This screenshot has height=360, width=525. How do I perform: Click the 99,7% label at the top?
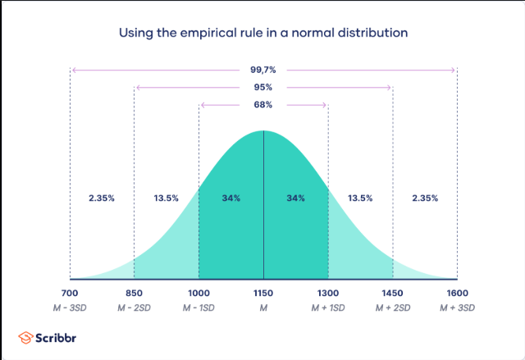pyautogui.click(x=262, y=70)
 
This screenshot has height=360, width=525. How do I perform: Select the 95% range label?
pyautogui.click(x=262, y=87)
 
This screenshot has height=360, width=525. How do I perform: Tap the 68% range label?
pyautogui.click(x=262, y=104)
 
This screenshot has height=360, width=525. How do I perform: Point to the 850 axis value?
pyautogui.click(x=134, y=292)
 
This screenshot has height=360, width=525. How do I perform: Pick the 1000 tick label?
pyautogui.click(x=199, y=292)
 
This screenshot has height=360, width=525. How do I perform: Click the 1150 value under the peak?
pyautogui.click(x=263, y=292)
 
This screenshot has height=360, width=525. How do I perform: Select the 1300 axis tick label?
pyautogui.click(x=328, y=292)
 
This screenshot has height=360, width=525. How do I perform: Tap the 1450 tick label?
pyautogui.click(x=393, y=292)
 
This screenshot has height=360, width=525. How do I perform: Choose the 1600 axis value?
pyautogui.click(x=457, y=292)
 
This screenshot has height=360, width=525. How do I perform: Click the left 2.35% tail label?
pyautogui.click(x=102, y=198)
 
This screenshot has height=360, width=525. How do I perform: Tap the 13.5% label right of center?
pyautogui.click(x=360, y=198)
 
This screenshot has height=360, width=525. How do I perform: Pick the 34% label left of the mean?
pyautogui.click(x=231, y=198)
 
